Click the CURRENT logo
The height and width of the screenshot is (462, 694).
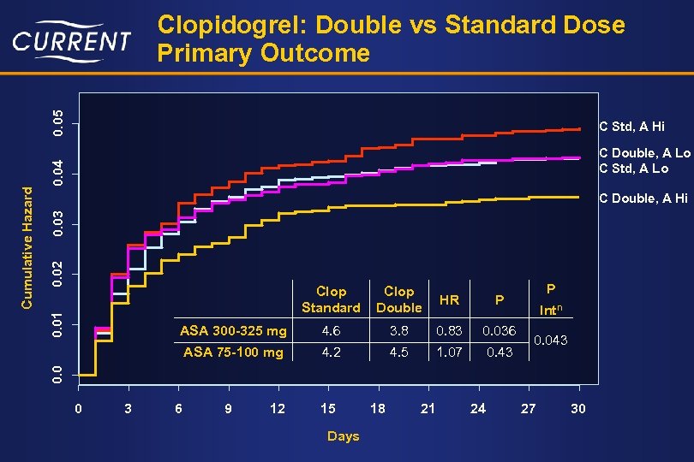[72, 41]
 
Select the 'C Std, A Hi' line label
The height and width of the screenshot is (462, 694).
[631, 127]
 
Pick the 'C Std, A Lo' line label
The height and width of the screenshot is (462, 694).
[633, 169]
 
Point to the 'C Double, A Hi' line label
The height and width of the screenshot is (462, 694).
[643, 198]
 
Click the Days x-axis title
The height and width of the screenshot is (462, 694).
[343, 436]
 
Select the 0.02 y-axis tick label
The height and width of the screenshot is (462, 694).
[57, 274]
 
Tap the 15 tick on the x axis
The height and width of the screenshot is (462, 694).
[328, 409]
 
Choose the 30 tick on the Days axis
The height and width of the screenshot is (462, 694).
[578, 409]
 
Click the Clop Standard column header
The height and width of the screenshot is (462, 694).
[331, 299]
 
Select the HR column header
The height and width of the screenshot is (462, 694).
[449, 299]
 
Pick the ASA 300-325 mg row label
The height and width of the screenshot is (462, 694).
[233, 330]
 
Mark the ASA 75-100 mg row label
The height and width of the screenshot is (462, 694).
[233, 352]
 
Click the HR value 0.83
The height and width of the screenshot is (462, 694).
[449, 330]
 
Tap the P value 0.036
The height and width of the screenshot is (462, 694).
[499, 330]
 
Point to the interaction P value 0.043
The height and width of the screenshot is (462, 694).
[551, 341]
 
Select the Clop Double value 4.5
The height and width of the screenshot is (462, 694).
[398, 352]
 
